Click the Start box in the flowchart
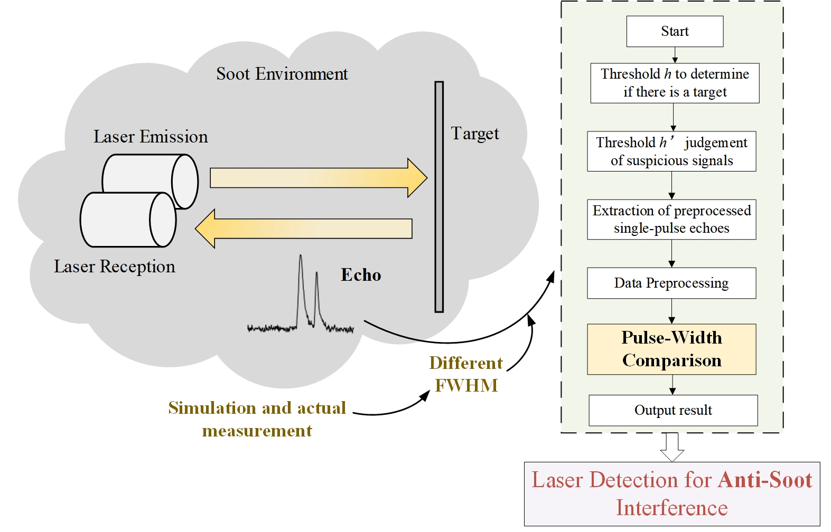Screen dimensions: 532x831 coord(674,31)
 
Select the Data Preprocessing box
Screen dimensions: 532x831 coord(671,283)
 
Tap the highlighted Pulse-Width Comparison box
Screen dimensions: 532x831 coord(671,349)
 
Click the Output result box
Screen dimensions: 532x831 coord(673,410)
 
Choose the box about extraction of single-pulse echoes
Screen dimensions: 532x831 coord(671,220)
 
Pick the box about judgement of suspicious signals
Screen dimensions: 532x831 coord(671,151)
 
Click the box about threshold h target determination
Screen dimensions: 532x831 coord(674,83)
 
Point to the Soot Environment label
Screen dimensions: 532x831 coord(282,74)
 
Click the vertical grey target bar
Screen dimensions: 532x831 coord(438,196)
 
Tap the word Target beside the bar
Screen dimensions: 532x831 coord(474,134)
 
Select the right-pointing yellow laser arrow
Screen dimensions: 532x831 coord(317,178)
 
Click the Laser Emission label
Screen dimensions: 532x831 coord(151,137)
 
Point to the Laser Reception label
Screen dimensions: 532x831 coord(114,267)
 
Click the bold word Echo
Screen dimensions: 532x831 coord(361,275)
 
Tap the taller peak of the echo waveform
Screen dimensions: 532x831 coord(301,264)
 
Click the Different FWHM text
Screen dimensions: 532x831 coord(465,374)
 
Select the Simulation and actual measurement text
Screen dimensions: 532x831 coord(257,419)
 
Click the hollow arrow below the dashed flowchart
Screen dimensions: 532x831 coord(671,447)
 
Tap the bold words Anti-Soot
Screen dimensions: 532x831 coord(765,480)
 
